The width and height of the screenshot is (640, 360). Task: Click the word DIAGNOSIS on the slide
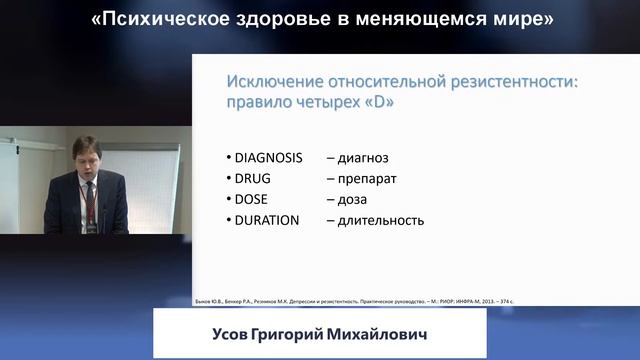click(x=268, y=158)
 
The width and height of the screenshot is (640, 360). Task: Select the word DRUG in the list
click(x=254, y=178)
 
